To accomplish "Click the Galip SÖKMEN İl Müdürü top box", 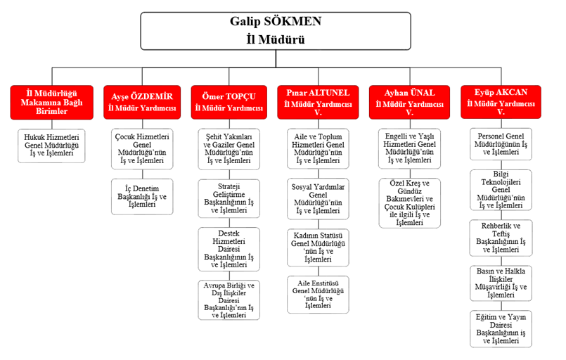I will coord(276,31).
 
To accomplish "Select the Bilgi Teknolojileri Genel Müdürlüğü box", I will coord(501,189).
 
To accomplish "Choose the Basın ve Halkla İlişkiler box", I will coord(501,282).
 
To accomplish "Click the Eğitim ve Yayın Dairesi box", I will coord(501,328).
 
